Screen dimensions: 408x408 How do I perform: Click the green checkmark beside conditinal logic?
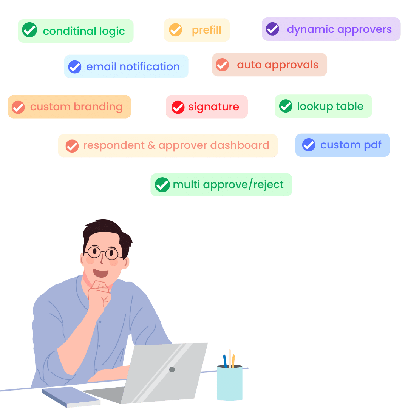tap(29, 30)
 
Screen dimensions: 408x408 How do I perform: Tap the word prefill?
tap(206, 30)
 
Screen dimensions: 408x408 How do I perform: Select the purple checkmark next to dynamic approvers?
tap(272, 29)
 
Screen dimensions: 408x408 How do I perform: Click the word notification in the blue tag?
tap(150, 66)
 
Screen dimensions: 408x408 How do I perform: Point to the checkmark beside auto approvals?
tap(222, 65)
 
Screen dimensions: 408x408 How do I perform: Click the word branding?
tap(98, 107)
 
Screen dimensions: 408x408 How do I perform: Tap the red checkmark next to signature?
tap(178, 107)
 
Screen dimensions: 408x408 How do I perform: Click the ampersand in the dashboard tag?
tap(151, 145)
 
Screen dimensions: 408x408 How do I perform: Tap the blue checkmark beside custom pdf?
tap(309, 145)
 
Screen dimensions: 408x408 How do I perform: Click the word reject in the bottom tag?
tap(268, 185)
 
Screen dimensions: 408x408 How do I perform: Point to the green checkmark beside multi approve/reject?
tap(162, 185)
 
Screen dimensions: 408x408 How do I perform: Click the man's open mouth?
tap(101, 273)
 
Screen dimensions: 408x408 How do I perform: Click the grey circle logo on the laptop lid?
tap(172, 369)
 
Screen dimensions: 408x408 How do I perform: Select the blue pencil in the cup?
tap(225, 361)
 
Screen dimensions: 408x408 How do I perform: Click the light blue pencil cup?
tap(230, 383)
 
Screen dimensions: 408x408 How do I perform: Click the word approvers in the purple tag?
tap(365, 30)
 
